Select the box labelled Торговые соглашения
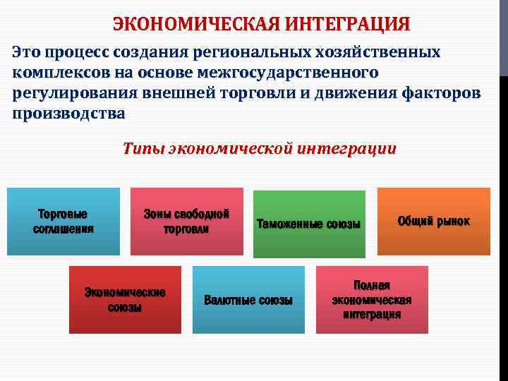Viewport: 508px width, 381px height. (64, 220)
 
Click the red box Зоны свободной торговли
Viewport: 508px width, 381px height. (186, 220)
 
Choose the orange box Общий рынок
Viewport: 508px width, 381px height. (433, 221)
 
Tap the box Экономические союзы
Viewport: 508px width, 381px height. (125, 299)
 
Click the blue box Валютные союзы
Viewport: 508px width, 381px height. (248, 299)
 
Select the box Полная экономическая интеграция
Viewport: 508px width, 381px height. (372, 299)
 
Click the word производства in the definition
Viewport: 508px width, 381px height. (69, 113)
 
